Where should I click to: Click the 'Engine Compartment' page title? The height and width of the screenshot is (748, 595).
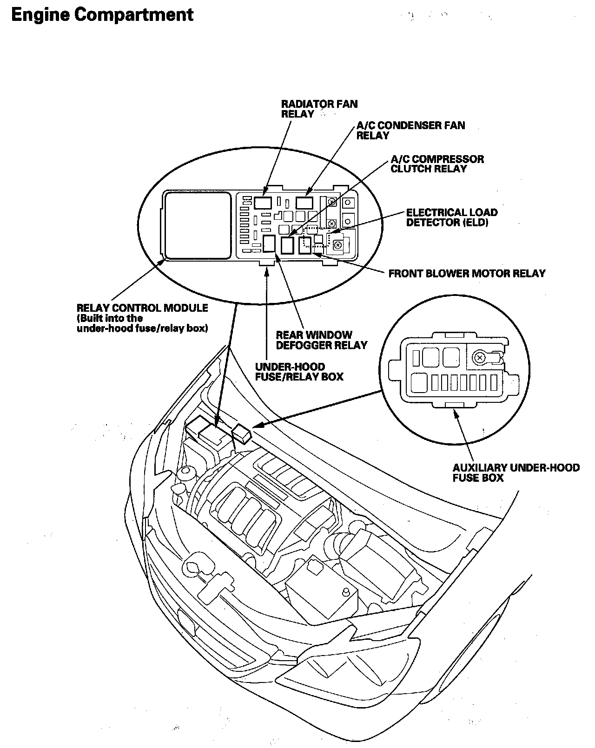coord(102,15)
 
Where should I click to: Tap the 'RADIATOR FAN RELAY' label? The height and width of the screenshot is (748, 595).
coord(319,109)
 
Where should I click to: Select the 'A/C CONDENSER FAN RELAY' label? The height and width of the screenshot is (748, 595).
coord(411,131)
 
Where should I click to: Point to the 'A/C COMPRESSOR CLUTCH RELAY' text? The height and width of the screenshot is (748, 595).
coord(437,164)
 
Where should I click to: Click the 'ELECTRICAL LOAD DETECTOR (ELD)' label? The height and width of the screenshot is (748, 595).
coord(452,217)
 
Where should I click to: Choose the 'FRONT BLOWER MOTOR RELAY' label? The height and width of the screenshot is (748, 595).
coord(467,274)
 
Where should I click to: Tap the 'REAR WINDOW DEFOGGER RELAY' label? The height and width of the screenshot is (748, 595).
coord(322,340)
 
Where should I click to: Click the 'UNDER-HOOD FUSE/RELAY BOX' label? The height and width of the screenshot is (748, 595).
coord(299,372)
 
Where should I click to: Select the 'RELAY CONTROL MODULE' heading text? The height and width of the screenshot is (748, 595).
coord(142,308)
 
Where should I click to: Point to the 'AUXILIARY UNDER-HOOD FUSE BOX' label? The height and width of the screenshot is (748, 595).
coord(516,472)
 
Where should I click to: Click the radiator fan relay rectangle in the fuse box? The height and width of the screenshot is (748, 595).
coord(263,203)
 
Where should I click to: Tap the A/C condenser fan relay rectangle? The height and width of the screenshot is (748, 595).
coord(304,203)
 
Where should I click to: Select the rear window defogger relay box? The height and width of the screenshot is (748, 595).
coord(269,243)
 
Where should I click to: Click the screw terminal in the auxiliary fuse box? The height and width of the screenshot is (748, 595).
coord(480,357)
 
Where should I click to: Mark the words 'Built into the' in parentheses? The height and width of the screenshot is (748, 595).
coord(110,318)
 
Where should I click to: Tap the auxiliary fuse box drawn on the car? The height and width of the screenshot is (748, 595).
coord(242,433)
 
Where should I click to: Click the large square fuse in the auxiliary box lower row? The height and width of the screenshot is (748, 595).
coord(419,383)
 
